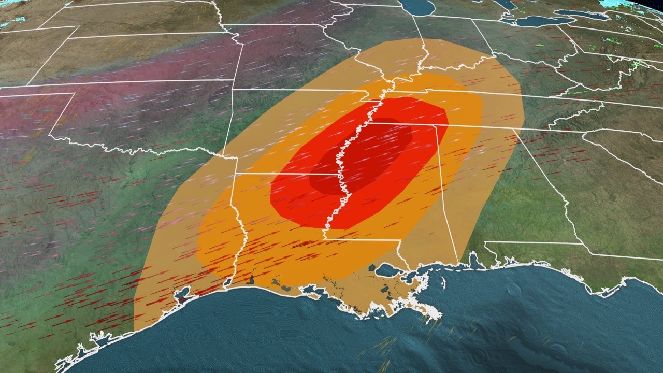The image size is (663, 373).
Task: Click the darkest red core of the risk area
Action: [x=363, y=155]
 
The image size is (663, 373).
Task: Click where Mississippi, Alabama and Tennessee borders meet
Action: [x=435, y=126]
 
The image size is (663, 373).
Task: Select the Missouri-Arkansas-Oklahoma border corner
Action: [x=233, y=90]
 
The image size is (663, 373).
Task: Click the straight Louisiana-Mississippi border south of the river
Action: [x=363, y=240]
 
